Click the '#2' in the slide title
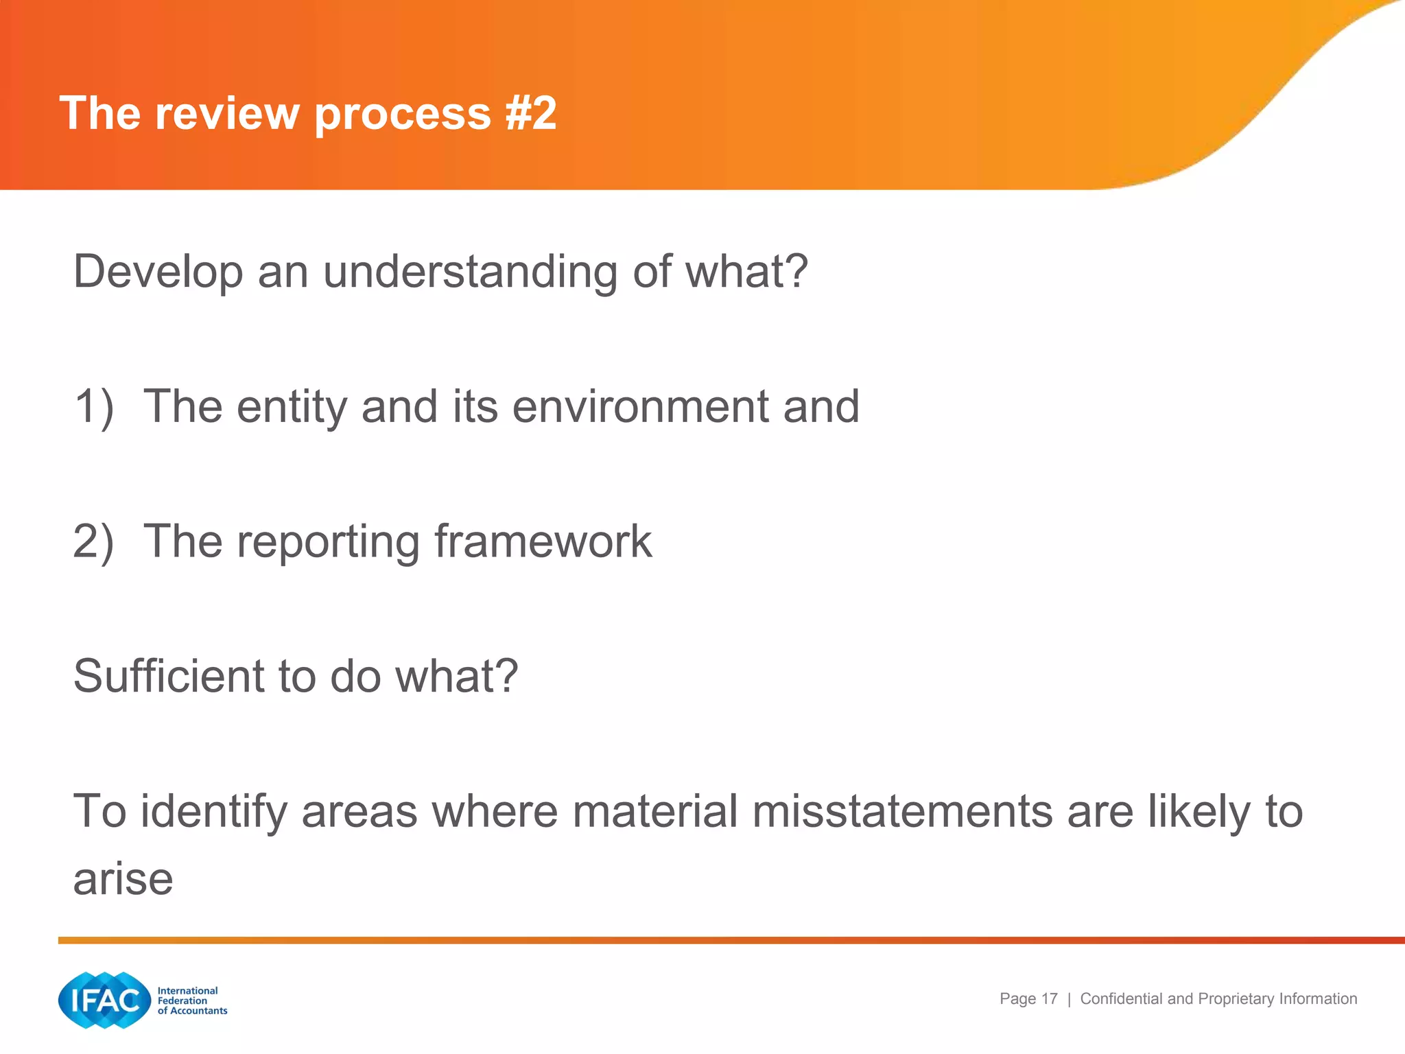[x=531, y=113]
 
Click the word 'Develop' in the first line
[x=158, y=272]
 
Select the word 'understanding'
[x=471, y=272]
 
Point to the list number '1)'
[x=94, y=406]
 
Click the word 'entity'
[x=292, y=406]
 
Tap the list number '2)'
[x=94, y=541]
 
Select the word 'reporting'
[x=328, y=541]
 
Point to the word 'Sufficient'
[x=168, y=676]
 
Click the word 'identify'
[x=214, y=811]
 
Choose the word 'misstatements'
[x=902, y=811]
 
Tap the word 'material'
[x=654, y=811]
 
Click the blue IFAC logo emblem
[x=104, y=1000]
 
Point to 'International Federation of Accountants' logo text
[x=191, y=1000]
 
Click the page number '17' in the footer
[x=1049, y=998]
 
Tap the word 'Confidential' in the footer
[x=1122, y=998]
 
